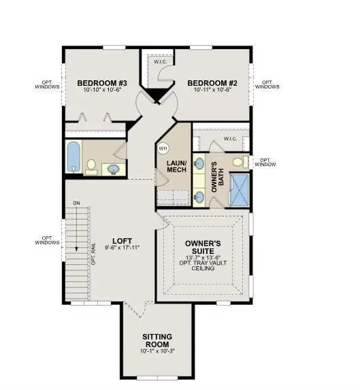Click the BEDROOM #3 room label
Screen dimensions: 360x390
(x=102, y=83)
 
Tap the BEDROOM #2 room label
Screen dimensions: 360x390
(x=212, y=83)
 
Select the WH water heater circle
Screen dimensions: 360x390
(x=163, y=148)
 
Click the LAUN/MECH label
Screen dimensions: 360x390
(x=176, y=166)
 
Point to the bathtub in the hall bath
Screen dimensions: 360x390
(x=73, y=157)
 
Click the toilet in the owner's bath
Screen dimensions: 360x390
(x=240, y=162)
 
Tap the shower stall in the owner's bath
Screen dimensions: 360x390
(x=239, y=190)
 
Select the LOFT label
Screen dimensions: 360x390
(x=122, y=241)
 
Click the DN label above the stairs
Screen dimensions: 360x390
(x=77, y=204)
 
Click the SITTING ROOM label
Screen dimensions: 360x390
(x=157, y=340)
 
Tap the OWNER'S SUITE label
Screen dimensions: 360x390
(x=203, y=247)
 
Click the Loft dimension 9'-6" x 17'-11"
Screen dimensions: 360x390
(x=122, y=248)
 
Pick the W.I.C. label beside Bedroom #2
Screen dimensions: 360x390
(x=160, y=62)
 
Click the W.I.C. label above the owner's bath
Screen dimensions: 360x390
(x=230, y=139)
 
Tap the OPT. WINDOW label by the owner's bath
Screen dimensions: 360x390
(x=265, y=162)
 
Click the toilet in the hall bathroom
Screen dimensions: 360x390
(x=91, y=167)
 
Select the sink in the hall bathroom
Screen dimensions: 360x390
(x=114, y=169)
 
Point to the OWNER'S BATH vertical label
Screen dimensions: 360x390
(x=217, y=177)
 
